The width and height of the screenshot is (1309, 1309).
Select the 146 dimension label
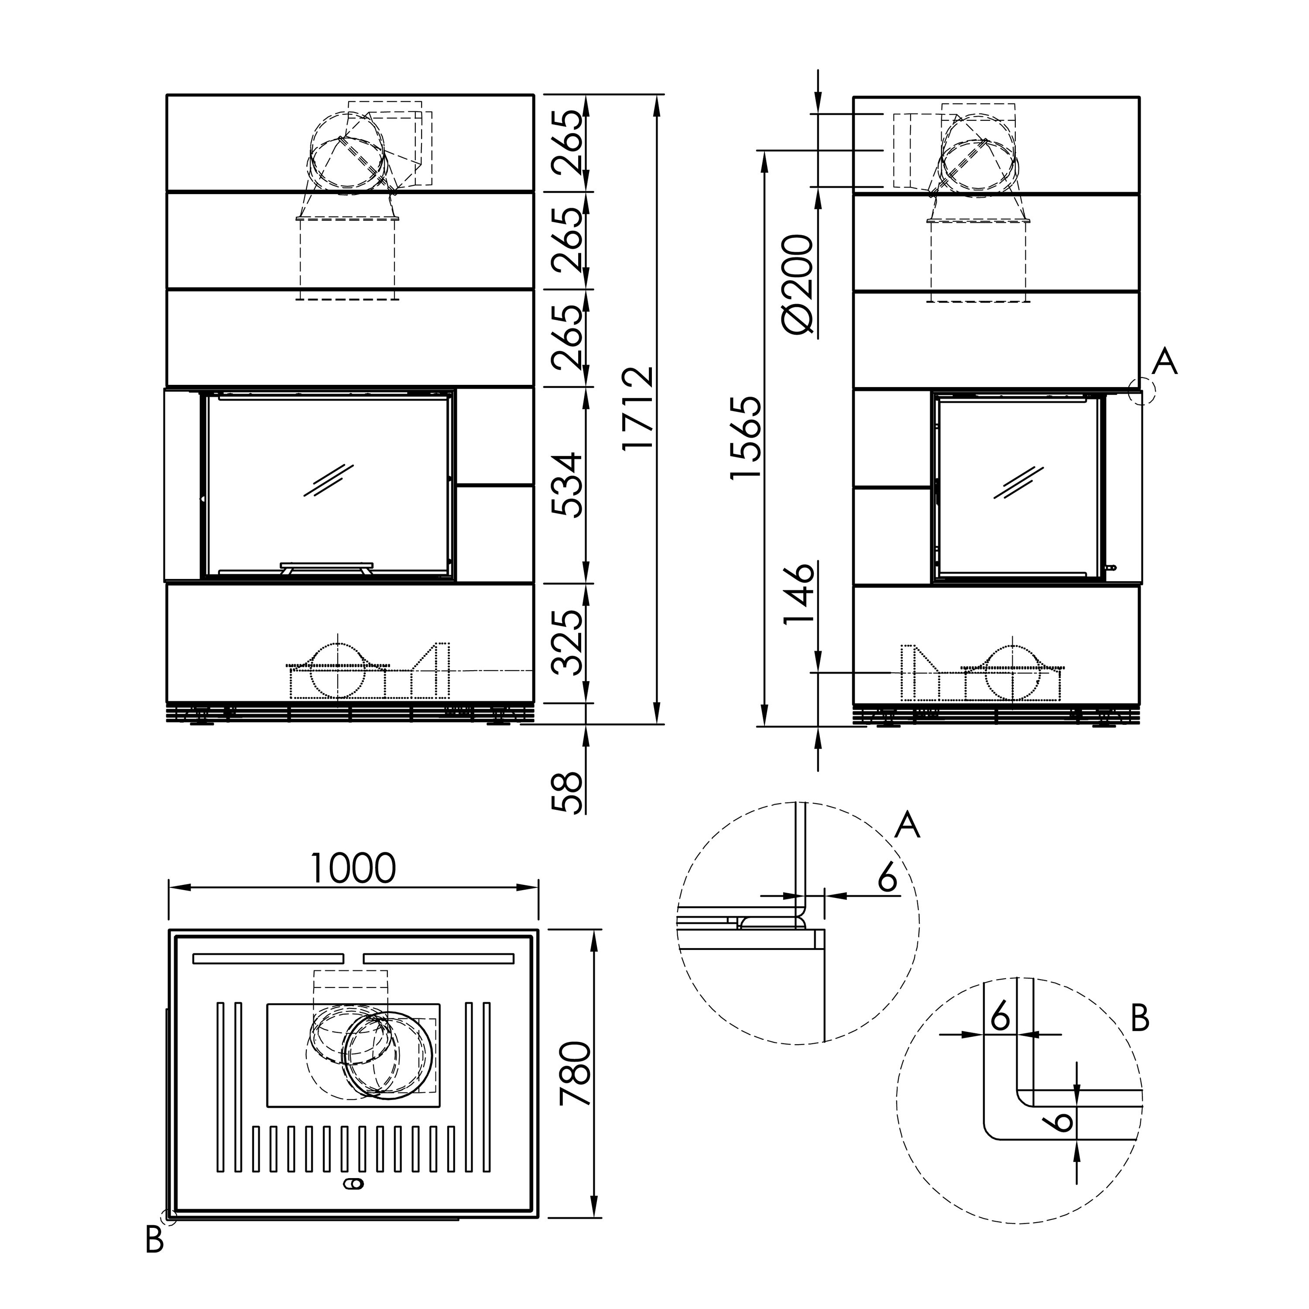click(798, 594)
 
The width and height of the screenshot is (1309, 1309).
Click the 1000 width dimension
click(353, 869)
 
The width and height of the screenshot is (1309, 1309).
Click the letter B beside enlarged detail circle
click(1140, 1018)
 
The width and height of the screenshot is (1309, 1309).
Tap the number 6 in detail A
click(887, 879)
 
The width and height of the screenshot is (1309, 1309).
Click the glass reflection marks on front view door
click(329, 480)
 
